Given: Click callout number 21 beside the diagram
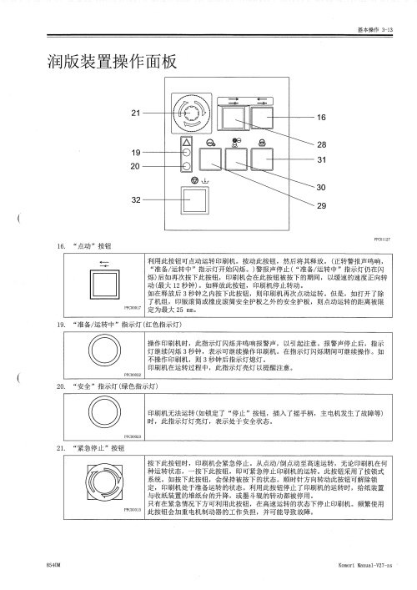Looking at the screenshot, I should click(x=136, y=113).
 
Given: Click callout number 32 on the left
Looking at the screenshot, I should click(x=136, y=200).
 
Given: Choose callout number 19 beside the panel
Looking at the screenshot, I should click(x=136, y=153).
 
